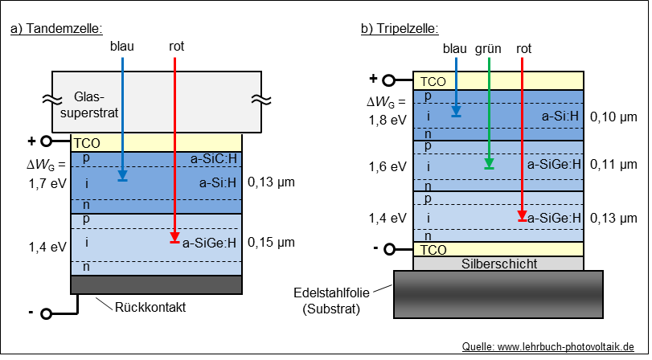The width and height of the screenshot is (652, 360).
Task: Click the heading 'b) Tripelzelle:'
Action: (400, 30)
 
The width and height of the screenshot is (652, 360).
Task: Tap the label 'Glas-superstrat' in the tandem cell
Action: (96, 104)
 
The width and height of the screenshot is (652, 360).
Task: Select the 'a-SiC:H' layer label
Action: (214, 158)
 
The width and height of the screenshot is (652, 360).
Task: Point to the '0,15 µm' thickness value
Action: (272, 241)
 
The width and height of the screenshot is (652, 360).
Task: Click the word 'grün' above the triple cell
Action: (488, 49)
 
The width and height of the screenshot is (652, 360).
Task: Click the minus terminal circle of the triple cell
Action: (389, 249)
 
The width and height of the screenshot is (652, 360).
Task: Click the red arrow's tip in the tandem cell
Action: (174, 239)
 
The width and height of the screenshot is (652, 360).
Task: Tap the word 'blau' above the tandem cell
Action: (121, 47)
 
